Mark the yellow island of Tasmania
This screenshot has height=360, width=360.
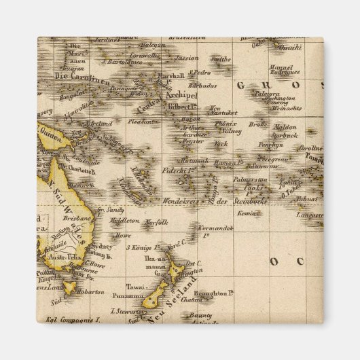(x=70, y=287)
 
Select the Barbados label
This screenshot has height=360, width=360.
(x=203, y=86)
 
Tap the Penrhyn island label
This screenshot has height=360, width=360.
(x=269, y=145)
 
